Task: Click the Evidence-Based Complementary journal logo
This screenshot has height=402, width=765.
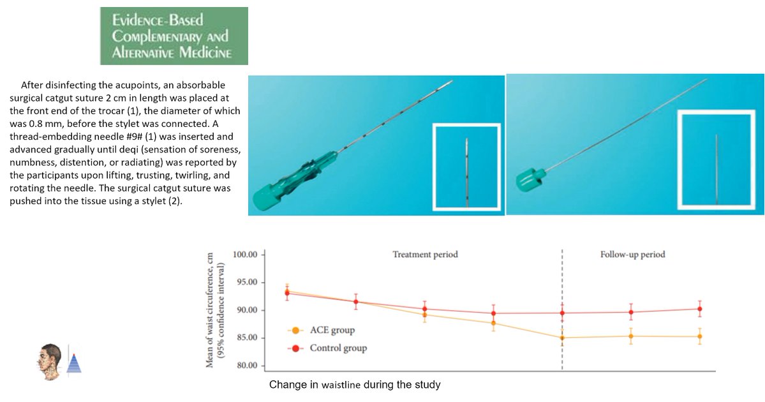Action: (174, 36)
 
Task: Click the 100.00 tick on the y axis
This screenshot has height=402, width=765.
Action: (244, 255)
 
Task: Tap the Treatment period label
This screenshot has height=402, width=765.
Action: (425, 255)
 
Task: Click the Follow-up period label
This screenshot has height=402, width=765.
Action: (632, 255)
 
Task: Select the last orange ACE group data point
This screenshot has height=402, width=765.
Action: (700, 336)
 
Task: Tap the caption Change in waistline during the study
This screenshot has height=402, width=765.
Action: (355, 385)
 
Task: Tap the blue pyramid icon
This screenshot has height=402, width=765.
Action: (75, 362)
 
